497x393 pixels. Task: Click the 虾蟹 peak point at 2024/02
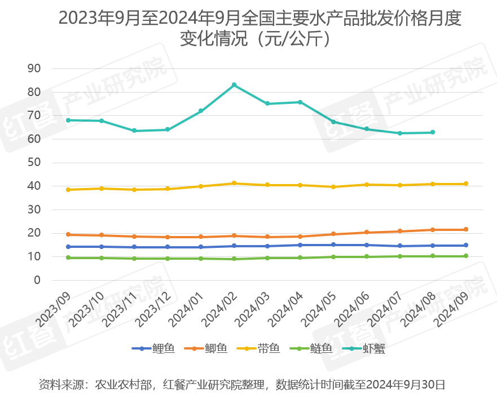pos(234,85)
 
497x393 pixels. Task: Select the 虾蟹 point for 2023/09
pos(68,120)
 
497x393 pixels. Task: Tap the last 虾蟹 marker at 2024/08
pos(433,132)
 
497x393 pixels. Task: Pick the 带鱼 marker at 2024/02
pos(234,184)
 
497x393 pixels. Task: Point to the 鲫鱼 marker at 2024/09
pos(466,229)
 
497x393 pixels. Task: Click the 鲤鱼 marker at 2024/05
pos(333,244)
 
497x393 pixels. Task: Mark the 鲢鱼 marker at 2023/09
pos(68,257)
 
